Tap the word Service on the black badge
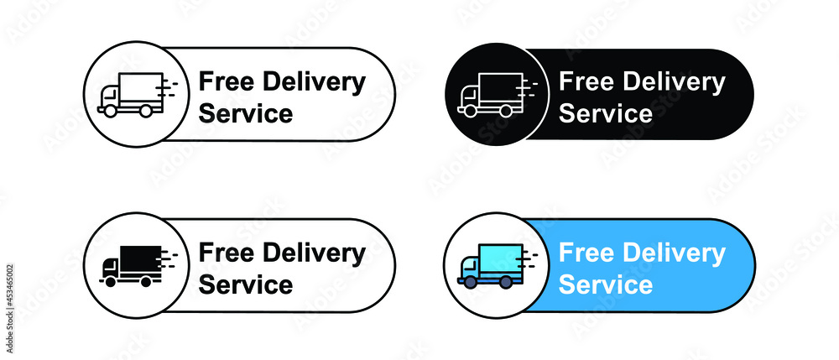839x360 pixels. coord(606,113)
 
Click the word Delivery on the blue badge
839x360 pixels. coord(674,254)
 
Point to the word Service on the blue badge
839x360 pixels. coord(606,284)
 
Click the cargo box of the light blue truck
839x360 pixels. coord(501,259)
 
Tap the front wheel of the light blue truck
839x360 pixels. coord(470,282)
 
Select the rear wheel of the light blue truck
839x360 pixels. coord(505,282)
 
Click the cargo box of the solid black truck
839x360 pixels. coord(141,260)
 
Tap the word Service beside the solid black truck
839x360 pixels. coord(246,284)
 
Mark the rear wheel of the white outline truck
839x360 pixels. coord(505,111)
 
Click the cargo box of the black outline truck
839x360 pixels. coord(141,88)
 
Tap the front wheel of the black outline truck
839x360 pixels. coord(110,111)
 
